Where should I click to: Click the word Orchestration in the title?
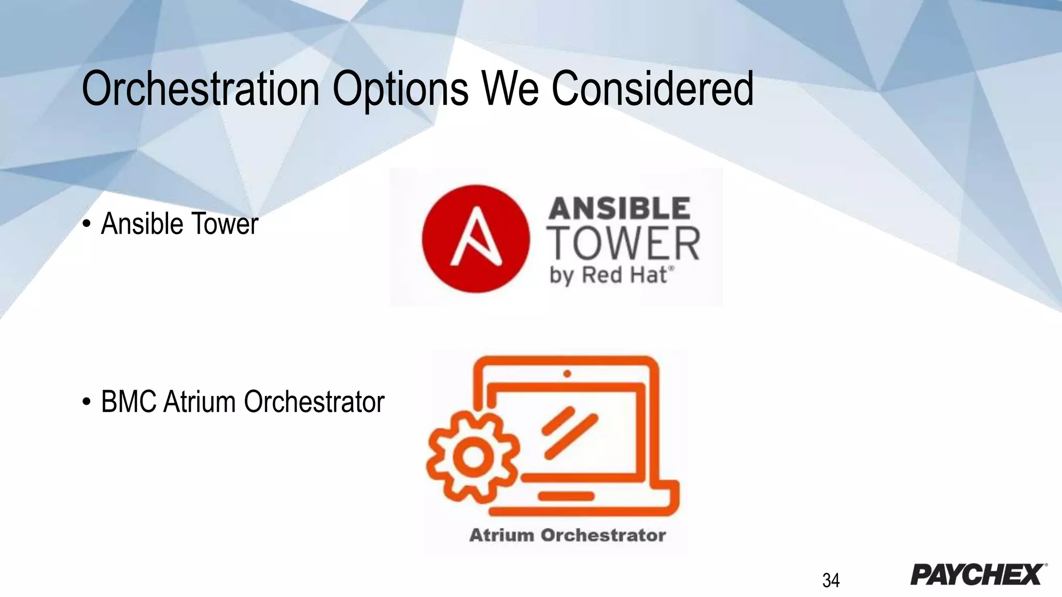200,89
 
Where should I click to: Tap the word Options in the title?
400,89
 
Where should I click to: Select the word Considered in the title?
652,89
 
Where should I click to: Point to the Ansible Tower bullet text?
179,224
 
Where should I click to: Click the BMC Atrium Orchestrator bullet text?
243,402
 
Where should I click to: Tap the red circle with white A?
476,239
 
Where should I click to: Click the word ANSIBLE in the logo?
619,208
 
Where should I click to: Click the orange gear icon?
472,457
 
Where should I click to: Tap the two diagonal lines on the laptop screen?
569,433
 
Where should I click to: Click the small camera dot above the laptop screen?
567,374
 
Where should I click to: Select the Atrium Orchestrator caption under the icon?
567,535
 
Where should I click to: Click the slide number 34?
831,580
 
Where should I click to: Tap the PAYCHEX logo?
978,574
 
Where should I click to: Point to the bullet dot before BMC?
87,403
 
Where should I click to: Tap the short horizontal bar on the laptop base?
566,496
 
